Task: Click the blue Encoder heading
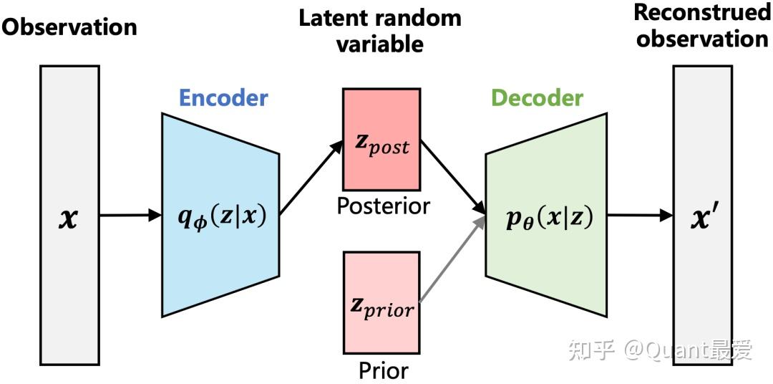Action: click(223, 97)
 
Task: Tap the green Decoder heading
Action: click(537, 97)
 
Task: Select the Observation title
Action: click(69, 27)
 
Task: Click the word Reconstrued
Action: click(702, 12)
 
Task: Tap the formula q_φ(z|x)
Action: click(221, 215)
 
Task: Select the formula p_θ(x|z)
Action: click(547, 216)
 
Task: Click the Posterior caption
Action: click(383, 206)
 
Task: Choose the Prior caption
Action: click(383, 370)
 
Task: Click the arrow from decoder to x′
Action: click(639, 214)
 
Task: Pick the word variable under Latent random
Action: click(380, 44)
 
